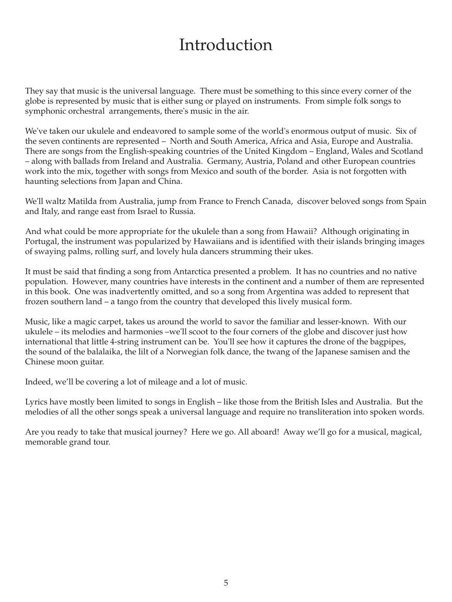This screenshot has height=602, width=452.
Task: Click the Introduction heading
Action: (225, 45)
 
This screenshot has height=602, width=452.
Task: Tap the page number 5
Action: (226, 583)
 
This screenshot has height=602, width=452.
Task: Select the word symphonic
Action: (44, 111)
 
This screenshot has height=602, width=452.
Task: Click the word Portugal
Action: (41, 241)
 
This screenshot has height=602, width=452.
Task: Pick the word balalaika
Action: (101, 352)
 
